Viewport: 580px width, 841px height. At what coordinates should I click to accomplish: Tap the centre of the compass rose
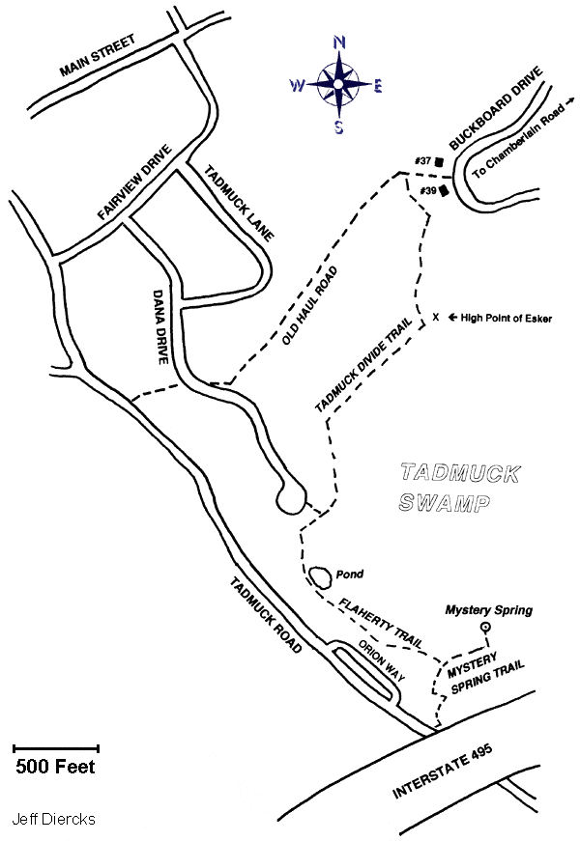(x=338, y=85)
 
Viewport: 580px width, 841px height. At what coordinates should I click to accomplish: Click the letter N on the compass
(x=339, y=42)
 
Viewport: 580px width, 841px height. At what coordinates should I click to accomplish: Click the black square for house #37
(x=439, y=161)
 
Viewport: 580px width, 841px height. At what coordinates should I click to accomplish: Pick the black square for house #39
(x=444, y=191)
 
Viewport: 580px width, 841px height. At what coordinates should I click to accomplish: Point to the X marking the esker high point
(x=436, y=317)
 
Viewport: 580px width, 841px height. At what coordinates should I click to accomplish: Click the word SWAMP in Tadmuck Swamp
(x=444, y=502)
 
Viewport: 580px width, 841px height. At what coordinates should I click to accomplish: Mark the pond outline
(x=319, y=577)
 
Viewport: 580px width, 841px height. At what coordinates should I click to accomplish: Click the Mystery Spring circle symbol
(x=486, y=628)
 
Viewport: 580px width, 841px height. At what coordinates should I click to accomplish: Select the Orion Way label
(x=379, y=661)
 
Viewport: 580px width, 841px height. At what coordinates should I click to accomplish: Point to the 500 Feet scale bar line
(x=57, y=748)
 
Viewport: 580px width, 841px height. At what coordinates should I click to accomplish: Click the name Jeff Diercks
(x=53, y=819)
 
